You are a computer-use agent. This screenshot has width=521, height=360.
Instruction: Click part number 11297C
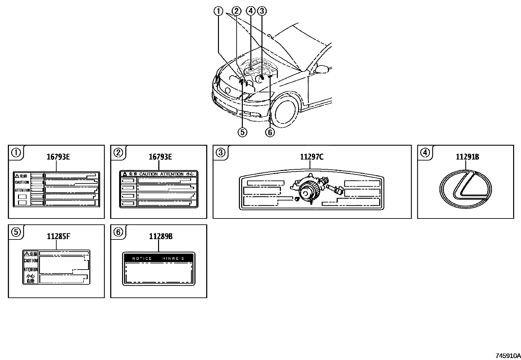(312, 157)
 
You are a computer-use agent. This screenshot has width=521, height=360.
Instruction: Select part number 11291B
(467, 157)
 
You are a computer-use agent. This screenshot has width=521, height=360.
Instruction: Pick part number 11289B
(161, 236)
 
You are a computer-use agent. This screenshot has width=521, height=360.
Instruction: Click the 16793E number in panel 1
(58, 157)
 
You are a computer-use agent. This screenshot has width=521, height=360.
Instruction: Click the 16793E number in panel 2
(160, 157)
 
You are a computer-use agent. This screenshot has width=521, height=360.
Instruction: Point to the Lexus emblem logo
(465, 190)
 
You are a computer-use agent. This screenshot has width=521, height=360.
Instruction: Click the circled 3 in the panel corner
(221, 153)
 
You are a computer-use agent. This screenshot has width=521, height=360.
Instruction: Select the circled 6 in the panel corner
(118, 232)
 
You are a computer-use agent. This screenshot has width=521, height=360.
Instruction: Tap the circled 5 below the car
(243, 132)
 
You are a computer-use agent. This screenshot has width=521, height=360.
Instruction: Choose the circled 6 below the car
(270, 132)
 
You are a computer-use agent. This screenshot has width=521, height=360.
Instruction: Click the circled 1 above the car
(218, 11)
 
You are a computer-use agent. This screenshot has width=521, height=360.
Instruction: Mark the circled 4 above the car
(251, 11)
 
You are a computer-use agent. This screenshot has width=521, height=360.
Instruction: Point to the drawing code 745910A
(508, 356)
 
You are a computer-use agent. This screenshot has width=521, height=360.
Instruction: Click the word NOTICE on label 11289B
(142, 258)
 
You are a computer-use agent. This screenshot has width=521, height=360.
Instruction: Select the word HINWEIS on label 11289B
(173, 258)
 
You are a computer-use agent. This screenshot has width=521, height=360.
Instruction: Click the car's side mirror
(322, 69)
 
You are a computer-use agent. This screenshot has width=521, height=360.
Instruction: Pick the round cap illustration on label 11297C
(308, 192)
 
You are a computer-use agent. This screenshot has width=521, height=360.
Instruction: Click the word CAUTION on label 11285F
(31, 261)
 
